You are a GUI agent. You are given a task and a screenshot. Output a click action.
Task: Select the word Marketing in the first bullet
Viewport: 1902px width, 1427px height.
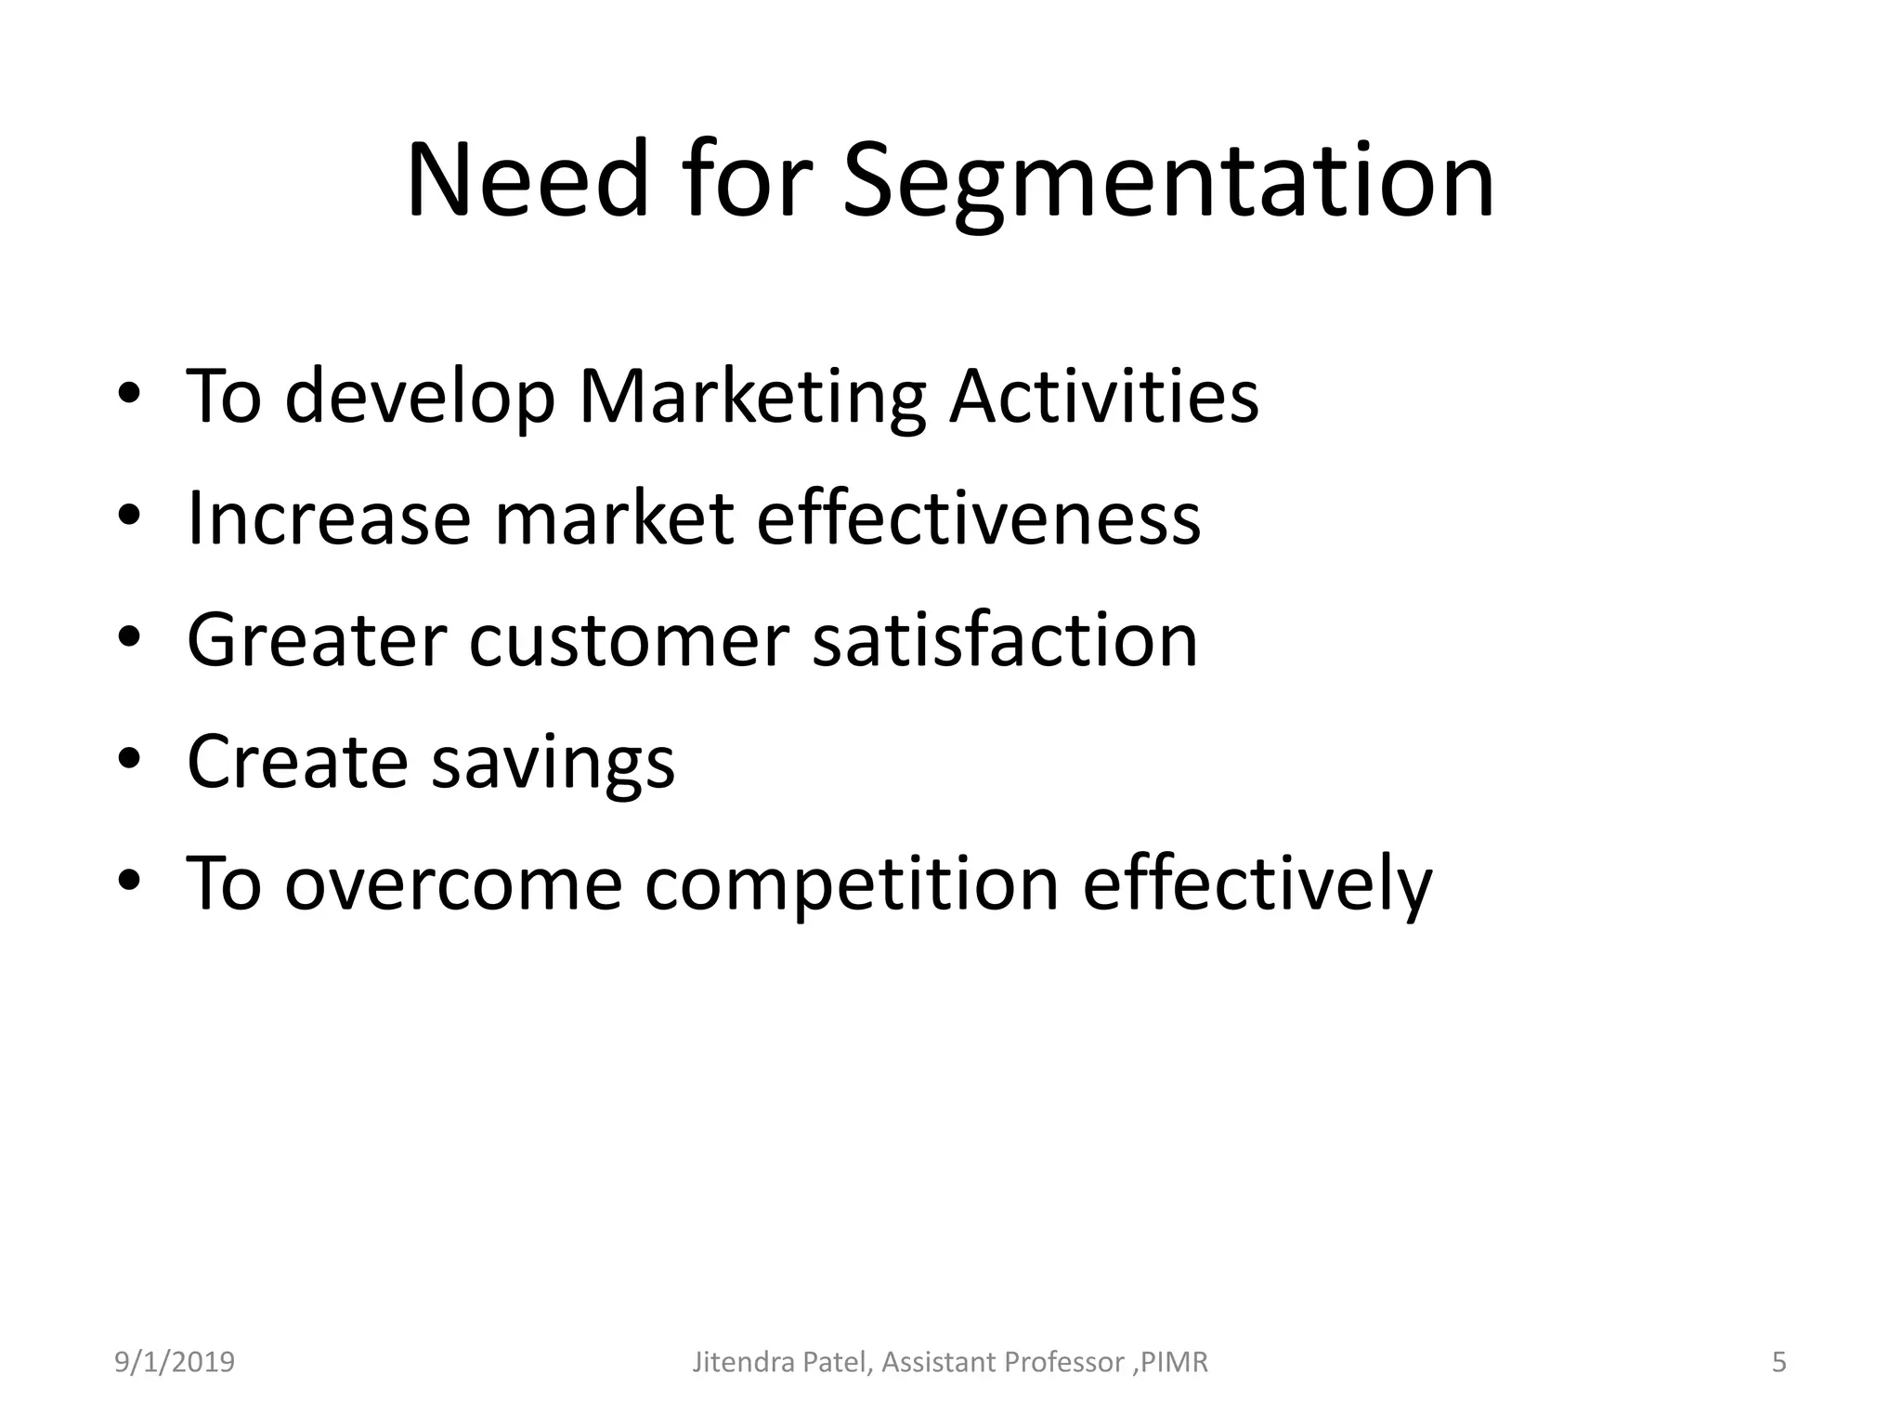(x=751, y=398)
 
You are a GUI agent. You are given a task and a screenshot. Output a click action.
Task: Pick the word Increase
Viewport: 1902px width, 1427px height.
(x=329, y=518)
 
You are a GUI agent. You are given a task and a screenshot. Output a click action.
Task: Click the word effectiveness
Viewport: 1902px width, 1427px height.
(x=978, y=518)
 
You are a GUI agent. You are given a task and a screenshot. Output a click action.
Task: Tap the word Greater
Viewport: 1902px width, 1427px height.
(x=316, y=640)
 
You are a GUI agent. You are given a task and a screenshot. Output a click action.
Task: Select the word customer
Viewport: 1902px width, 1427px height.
(x=629, y=641)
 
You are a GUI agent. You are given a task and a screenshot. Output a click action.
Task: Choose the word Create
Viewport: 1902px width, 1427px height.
(x=297, y=762)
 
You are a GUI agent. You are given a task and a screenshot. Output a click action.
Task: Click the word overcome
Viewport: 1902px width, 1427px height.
(x=452, y=884)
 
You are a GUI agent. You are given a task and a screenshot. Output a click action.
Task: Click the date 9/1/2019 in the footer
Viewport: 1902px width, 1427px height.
(x=175, y=1362)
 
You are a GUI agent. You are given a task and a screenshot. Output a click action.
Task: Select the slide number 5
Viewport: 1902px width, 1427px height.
(x=1778, y=1362)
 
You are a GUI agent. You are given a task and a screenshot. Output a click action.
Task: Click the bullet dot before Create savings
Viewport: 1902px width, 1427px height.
(x=129, y=760)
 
